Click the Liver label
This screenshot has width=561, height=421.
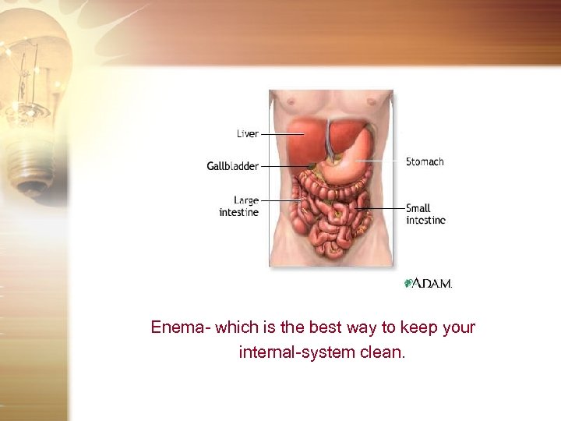(x=248, y=134)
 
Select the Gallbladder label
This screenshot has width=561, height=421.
(x=232, y=166)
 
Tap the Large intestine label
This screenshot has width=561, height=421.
(x=239, y=206)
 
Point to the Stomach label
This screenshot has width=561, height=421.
(x=425, y=162)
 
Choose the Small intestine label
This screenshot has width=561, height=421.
(x=425, y=214)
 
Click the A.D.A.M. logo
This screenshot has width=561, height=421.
(x=428, y=283)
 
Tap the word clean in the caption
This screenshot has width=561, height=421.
(x=382, y=352)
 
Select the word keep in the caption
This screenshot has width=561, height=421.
(x=418, y=327)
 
